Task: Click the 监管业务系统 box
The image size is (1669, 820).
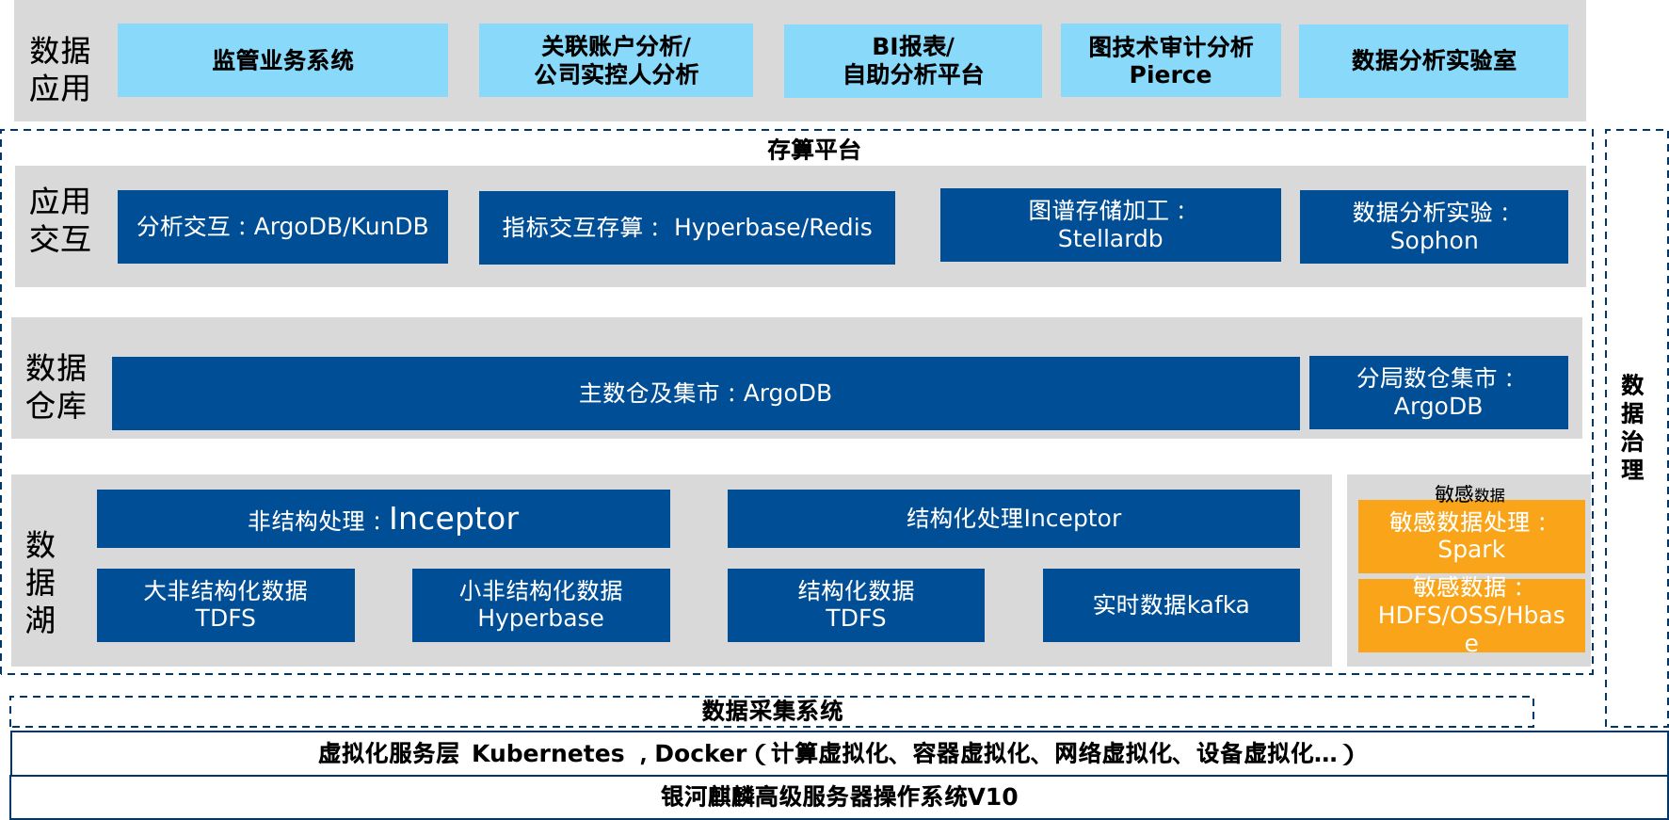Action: coord(282,60)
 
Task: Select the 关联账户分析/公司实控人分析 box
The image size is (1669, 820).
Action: coord(616,60)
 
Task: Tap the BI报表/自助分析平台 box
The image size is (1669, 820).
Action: coord(912,60)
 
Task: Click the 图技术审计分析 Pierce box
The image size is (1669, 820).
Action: coord(1170,60)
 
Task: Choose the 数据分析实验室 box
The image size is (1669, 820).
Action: coord(1434,60)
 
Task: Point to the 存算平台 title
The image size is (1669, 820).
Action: coord(813,150)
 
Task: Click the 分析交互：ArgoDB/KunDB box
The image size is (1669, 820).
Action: coord(282,227)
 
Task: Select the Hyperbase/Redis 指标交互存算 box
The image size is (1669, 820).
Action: coord(687,228)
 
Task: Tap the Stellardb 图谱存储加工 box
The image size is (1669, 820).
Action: coord(1110,225)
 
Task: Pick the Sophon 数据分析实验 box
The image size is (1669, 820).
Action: coord(1434,227)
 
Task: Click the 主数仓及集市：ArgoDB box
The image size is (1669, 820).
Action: coord(705,394)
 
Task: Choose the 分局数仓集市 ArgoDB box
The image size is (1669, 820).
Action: coord(1438,393)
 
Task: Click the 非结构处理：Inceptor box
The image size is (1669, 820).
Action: coord(383,519)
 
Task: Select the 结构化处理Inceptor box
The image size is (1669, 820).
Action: coord(1013,519)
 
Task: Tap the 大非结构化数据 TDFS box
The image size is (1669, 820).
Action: coord(226,605)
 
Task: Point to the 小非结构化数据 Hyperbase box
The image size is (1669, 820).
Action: coord(540,605)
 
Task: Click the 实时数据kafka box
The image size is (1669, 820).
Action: coord(1171,605)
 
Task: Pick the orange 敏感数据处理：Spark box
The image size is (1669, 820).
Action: coord(1471,537)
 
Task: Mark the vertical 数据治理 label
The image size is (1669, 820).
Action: coord(1632,427)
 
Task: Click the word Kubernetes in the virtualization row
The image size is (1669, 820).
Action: coord(548,754)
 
